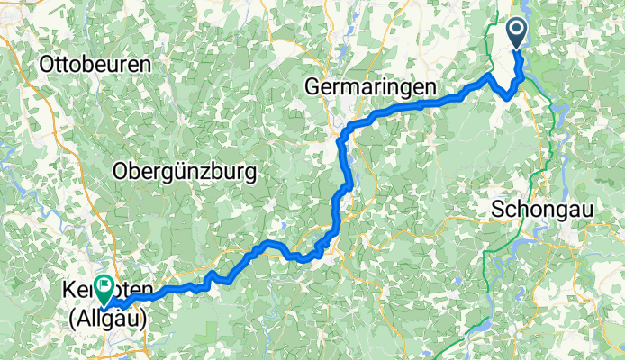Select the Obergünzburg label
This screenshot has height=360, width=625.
(x=185, y=171)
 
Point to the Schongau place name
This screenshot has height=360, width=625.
(x=537, y=209)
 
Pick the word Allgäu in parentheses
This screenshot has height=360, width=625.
(x=104, y=312)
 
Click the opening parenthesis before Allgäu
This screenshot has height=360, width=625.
(x=68, y=312)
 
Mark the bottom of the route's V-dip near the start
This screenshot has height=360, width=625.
(x=509, y=96)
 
